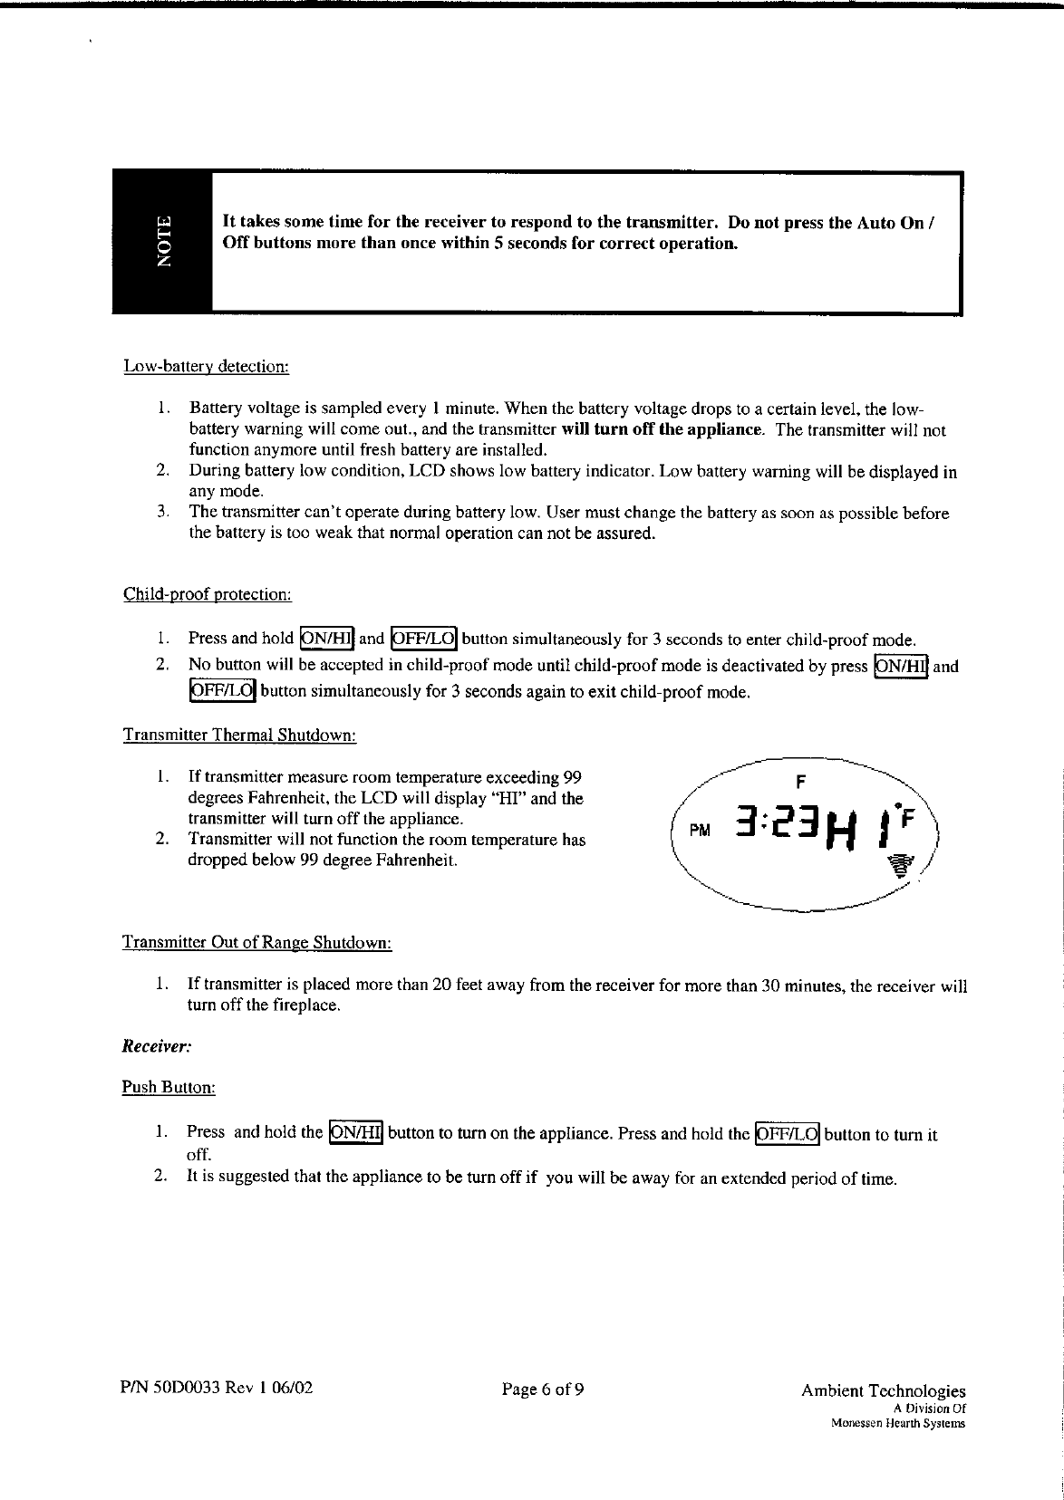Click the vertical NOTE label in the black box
click(x=164, y=242)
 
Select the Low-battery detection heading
click(x=206, y=367)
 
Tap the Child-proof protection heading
click(x=207, y=595)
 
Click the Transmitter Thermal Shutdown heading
click(x=239, y=735)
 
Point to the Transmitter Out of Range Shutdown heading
click(x=256, y=943)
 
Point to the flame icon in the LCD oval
click(x=899, y=866)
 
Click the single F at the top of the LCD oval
click(x=800, y=781)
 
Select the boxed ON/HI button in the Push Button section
click(x=357, y=1132)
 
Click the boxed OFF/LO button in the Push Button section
click(x=787, y=1134)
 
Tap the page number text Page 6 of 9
click(x=542, y=1389)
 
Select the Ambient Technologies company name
click(x=883, y=1391)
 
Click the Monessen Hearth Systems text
click(x=897, y=1423)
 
